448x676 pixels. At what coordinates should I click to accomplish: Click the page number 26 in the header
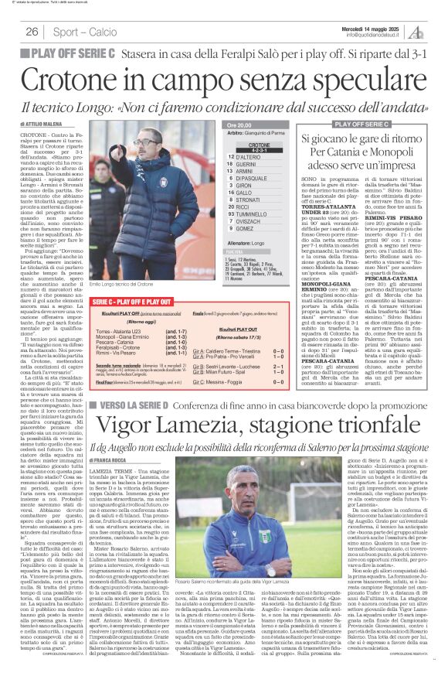pyautogui.click(x=32, y=32)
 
